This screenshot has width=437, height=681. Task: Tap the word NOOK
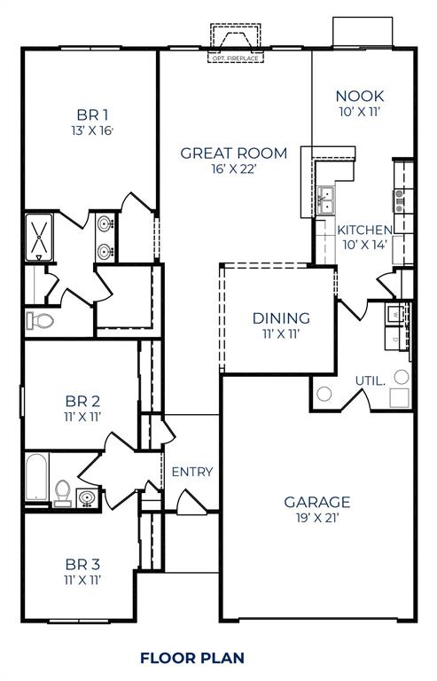pos(358,96)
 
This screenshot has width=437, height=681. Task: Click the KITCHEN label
pos(364,230)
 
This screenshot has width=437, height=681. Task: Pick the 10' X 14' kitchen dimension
pos(364,245)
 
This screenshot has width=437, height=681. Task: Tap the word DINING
pos(281,317)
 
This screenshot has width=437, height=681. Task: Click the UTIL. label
pos(370,380)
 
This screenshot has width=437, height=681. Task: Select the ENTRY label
pos(192,472)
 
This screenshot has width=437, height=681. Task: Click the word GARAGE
pos(316,502)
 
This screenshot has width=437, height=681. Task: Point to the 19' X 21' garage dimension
pos(316,519)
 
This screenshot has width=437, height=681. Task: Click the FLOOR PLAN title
pos(191,657)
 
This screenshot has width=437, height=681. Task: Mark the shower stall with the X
pos(39,236)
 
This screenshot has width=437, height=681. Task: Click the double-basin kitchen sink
pos(325,201)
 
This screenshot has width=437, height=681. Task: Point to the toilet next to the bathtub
pos(63,490)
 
